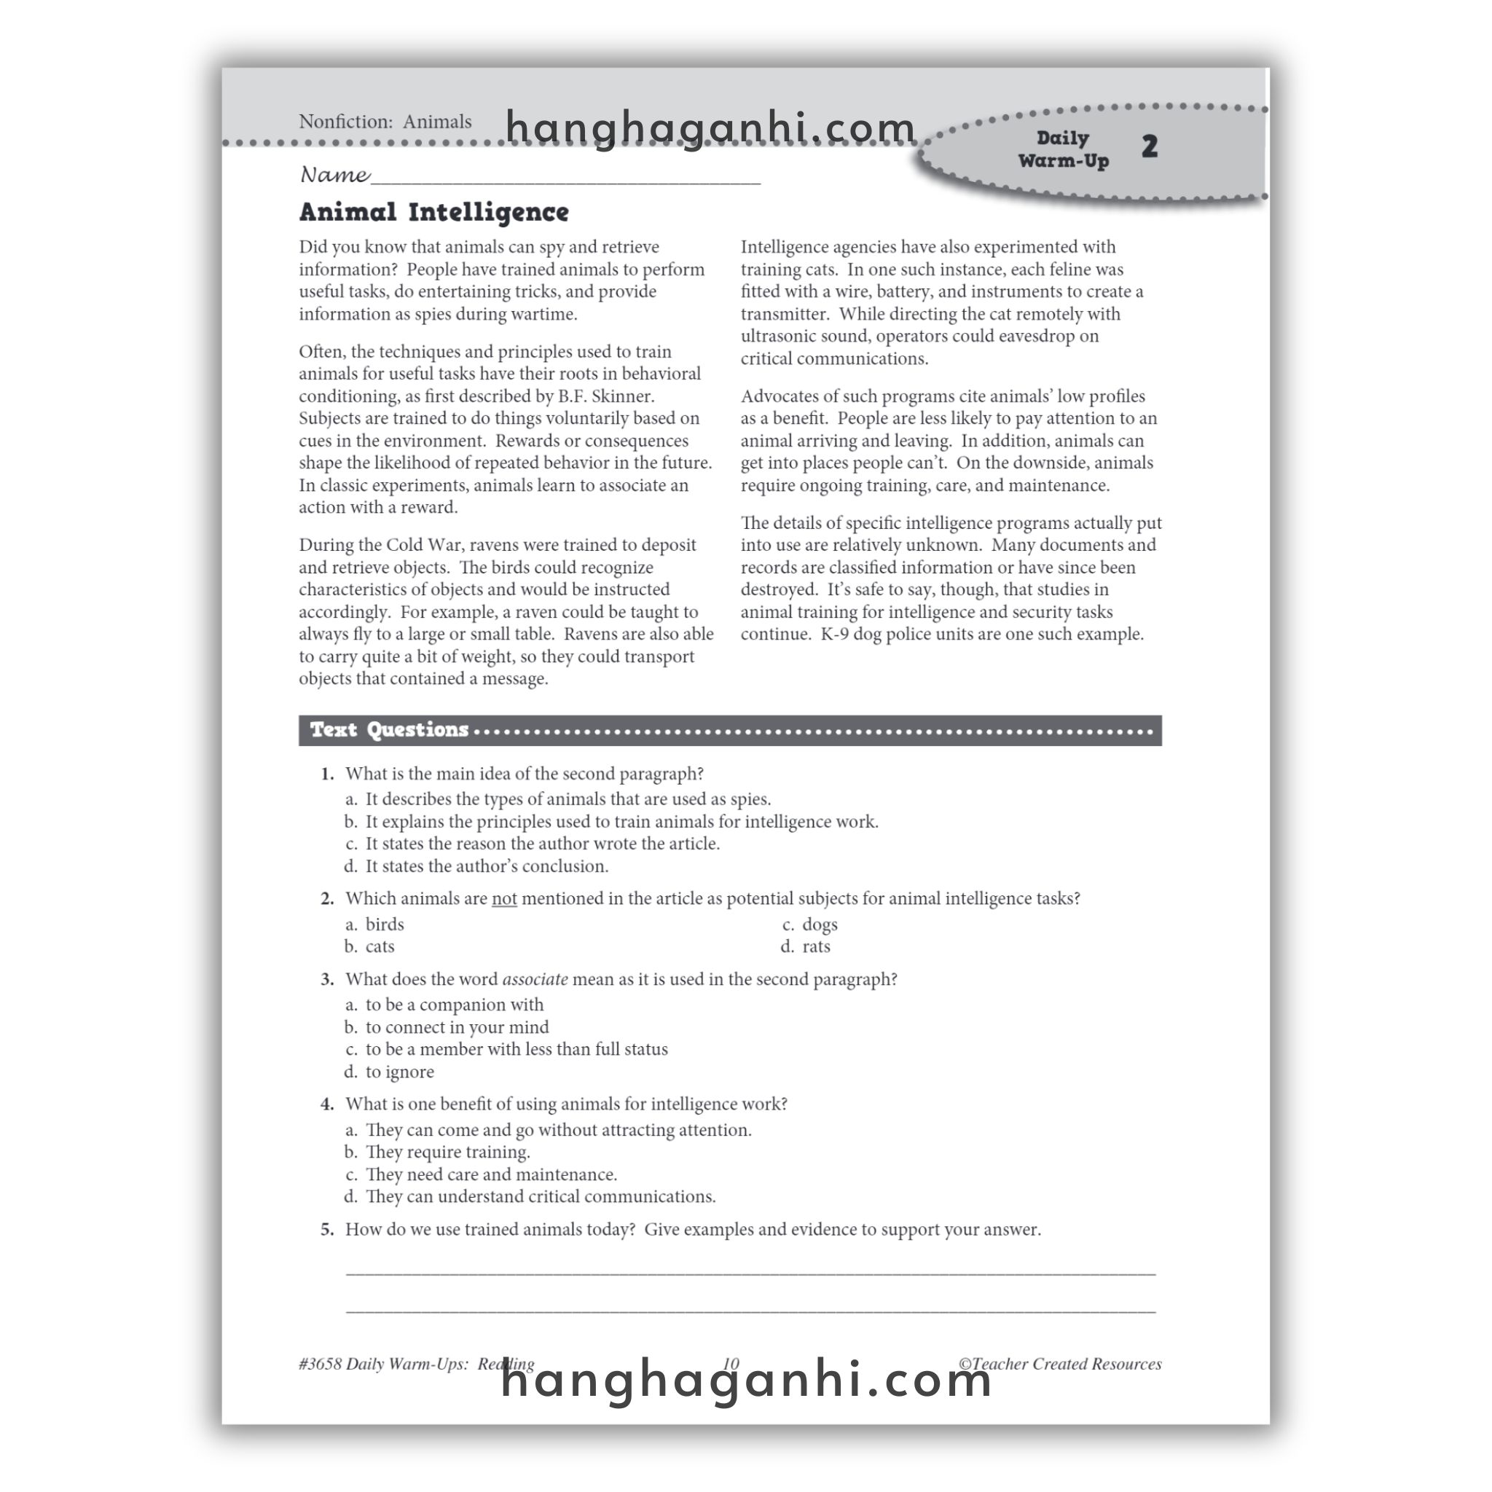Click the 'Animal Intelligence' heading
pyautogui.click(x=433, y=213)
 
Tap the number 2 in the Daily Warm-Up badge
pyautogui.click(x=1149, y=146)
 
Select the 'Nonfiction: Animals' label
pyautogui.click(x=385, y=122)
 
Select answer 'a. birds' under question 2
pyautogui.click(x=375, y=924)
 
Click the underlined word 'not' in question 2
pyautogui.click(x=503, y=899)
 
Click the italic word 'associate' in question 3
pyautogui.click(x=535, y=979)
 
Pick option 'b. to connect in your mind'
pyautogui.click(x=447, y=1027)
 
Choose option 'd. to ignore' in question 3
pyautogui.click(x=390, y=1072)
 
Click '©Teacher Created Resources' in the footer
pyautogui.click(x=1059, y=1364)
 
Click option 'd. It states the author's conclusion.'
pyautogui.click(x=476, y=866)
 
